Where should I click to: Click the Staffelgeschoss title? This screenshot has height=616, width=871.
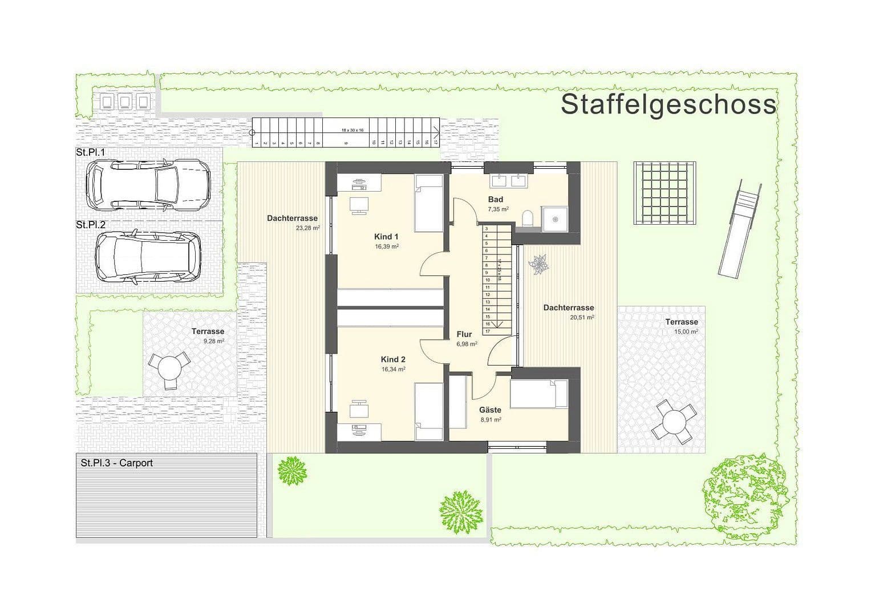tap(668, 105)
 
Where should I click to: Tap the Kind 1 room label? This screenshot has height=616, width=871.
tap(386, 237)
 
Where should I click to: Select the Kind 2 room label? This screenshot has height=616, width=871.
tap(393, 359)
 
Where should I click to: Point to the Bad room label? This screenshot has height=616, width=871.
tap(496, 199)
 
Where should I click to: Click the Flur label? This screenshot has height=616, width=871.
tap(464, 334)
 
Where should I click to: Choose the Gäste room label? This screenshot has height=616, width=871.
tap(490, 410)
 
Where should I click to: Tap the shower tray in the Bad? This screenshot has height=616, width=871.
tap(554, 218)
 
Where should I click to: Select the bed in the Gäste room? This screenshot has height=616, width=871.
tap(538, 394)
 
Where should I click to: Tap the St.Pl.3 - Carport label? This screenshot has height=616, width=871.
tap(117, 463)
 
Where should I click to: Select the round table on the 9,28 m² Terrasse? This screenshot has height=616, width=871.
tap(169, 367)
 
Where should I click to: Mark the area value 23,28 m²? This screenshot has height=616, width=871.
tap(307, 228)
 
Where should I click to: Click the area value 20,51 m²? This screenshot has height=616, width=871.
tap(582, 318)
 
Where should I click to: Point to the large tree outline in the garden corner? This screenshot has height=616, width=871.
tap(745, 495)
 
